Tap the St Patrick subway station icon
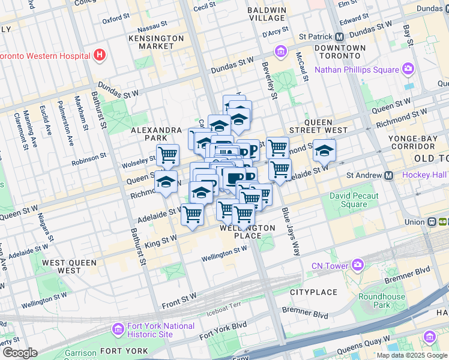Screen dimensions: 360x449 tap(339, 36)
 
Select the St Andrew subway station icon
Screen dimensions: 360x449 tap(388, 176)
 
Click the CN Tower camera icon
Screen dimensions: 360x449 tap(358, 265)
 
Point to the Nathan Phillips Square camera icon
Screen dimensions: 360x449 tap(408, 70)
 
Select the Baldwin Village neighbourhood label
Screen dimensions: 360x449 tap(268, 14)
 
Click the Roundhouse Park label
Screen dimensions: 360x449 tap(382, 301)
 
